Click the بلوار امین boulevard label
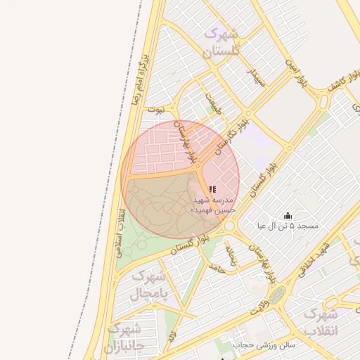(x=295, y=72)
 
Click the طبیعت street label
(x=213, y=105)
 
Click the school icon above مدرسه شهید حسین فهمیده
(x=212, y=188)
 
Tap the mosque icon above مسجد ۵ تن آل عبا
(x=287, y=215)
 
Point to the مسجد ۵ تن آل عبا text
(x=288, y=226)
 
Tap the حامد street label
(x=217, y=268)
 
